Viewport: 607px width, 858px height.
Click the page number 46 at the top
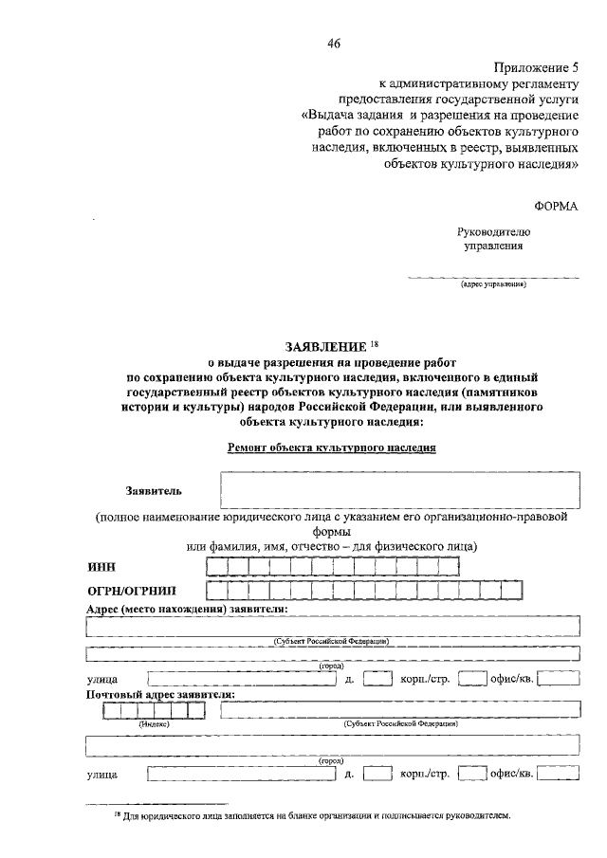(333, 44)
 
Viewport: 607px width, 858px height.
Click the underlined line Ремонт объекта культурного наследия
(332, 448)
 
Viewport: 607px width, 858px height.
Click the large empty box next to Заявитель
(399, 491)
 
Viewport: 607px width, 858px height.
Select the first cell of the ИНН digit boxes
(216, 567)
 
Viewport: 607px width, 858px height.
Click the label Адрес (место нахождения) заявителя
(186, 608)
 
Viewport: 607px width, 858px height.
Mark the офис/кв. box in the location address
(559, 678)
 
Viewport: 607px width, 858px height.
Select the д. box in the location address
(377, 678)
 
